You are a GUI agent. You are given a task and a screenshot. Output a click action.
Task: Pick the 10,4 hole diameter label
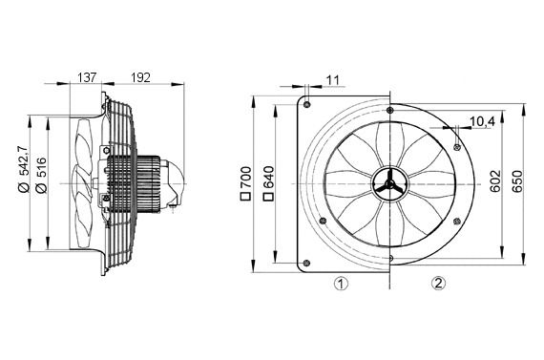482,122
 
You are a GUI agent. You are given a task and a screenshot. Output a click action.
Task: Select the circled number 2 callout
437,283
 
